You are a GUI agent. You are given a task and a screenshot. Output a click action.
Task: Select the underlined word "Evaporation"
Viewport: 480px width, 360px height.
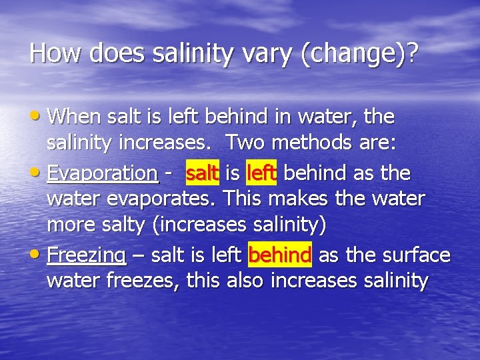click(x=103, y=174)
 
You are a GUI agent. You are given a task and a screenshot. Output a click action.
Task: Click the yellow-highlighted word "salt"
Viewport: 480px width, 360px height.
click(x=203, y=173)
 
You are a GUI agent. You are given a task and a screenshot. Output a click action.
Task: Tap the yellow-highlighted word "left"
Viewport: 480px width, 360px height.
click(x=261, y=173)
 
